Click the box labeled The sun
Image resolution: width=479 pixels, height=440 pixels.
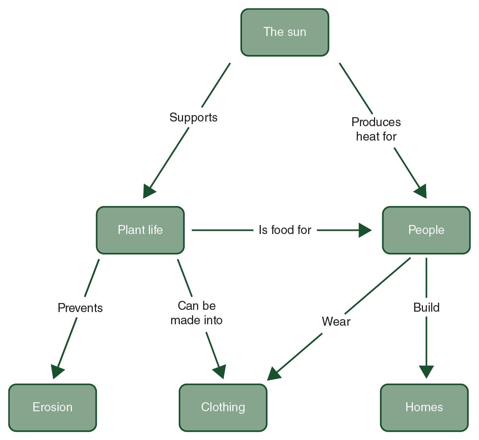click(x=284, y=32)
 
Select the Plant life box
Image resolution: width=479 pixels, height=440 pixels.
click(x=140, y=230)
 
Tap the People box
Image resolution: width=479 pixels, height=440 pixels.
click(x=426, y=230)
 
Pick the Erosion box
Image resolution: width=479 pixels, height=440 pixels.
click(x=53, y=407)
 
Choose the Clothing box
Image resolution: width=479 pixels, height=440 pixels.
click(x=223, y=407)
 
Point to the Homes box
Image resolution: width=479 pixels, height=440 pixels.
click(x=424, y=407)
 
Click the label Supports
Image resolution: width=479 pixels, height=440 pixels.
click(x=193, y=118)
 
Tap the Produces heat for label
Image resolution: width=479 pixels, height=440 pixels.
click(x=376, y=129)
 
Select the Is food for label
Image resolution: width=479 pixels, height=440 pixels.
click(x=285, y=230)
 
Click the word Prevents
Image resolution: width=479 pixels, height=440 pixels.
click(x=80, y=308)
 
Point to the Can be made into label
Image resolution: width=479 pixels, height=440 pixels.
click(x=196, y=313)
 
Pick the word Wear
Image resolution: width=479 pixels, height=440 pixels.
click(x=336, y=321)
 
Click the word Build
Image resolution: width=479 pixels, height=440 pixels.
click(x=426, y=308)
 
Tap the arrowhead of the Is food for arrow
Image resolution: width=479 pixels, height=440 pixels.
click(x=365, y=230)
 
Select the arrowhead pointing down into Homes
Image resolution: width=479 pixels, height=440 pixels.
click(x=426, y=372)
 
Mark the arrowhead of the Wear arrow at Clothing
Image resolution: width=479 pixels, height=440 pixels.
click(x=274, y=374)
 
